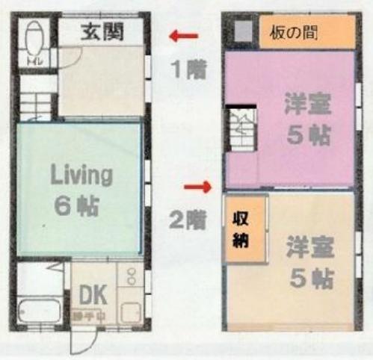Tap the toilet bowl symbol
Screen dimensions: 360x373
click(34, 45)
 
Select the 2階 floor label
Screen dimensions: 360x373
click(185, 220)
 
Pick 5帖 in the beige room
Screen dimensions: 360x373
click(310, 278)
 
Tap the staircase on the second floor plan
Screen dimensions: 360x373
click(241, 129)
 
